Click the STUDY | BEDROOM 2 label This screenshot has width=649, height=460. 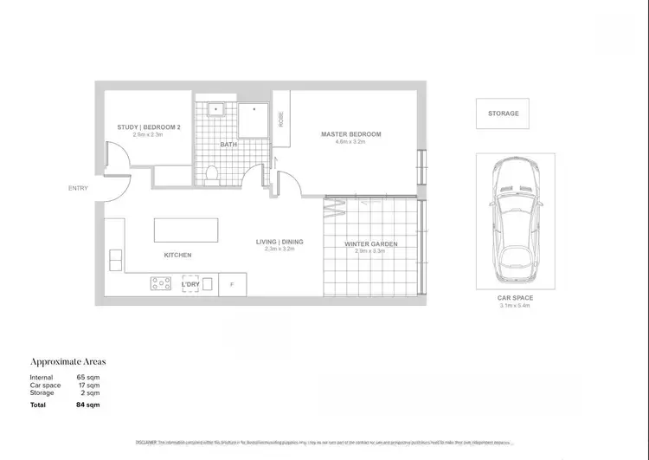[x=149, y=127]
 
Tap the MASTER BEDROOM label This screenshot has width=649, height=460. [x=350, y=134]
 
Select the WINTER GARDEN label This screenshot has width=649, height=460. [x=370, y=244]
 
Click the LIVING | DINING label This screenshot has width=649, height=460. [x=280, y=241]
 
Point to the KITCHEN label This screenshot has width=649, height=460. [x=177, y=255]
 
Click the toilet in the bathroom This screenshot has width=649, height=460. [x=213, y=174]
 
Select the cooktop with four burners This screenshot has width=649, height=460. [x=161, y=282]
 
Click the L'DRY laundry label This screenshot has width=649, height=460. [x=190, y=283]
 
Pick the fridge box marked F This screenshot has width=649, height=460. [x=232, y=284]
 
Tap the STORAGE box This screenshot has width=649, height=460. [x=503, y=113]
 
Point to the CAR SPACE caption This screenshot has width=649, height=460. [x=515, y=298]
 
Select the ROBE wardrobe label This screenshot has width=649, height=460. [x=281, y=120]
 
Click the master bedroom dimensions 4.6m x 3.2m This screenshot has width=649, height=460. [x=350, y=143]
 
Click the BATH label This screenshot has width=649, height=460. [x=228, y=145]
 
